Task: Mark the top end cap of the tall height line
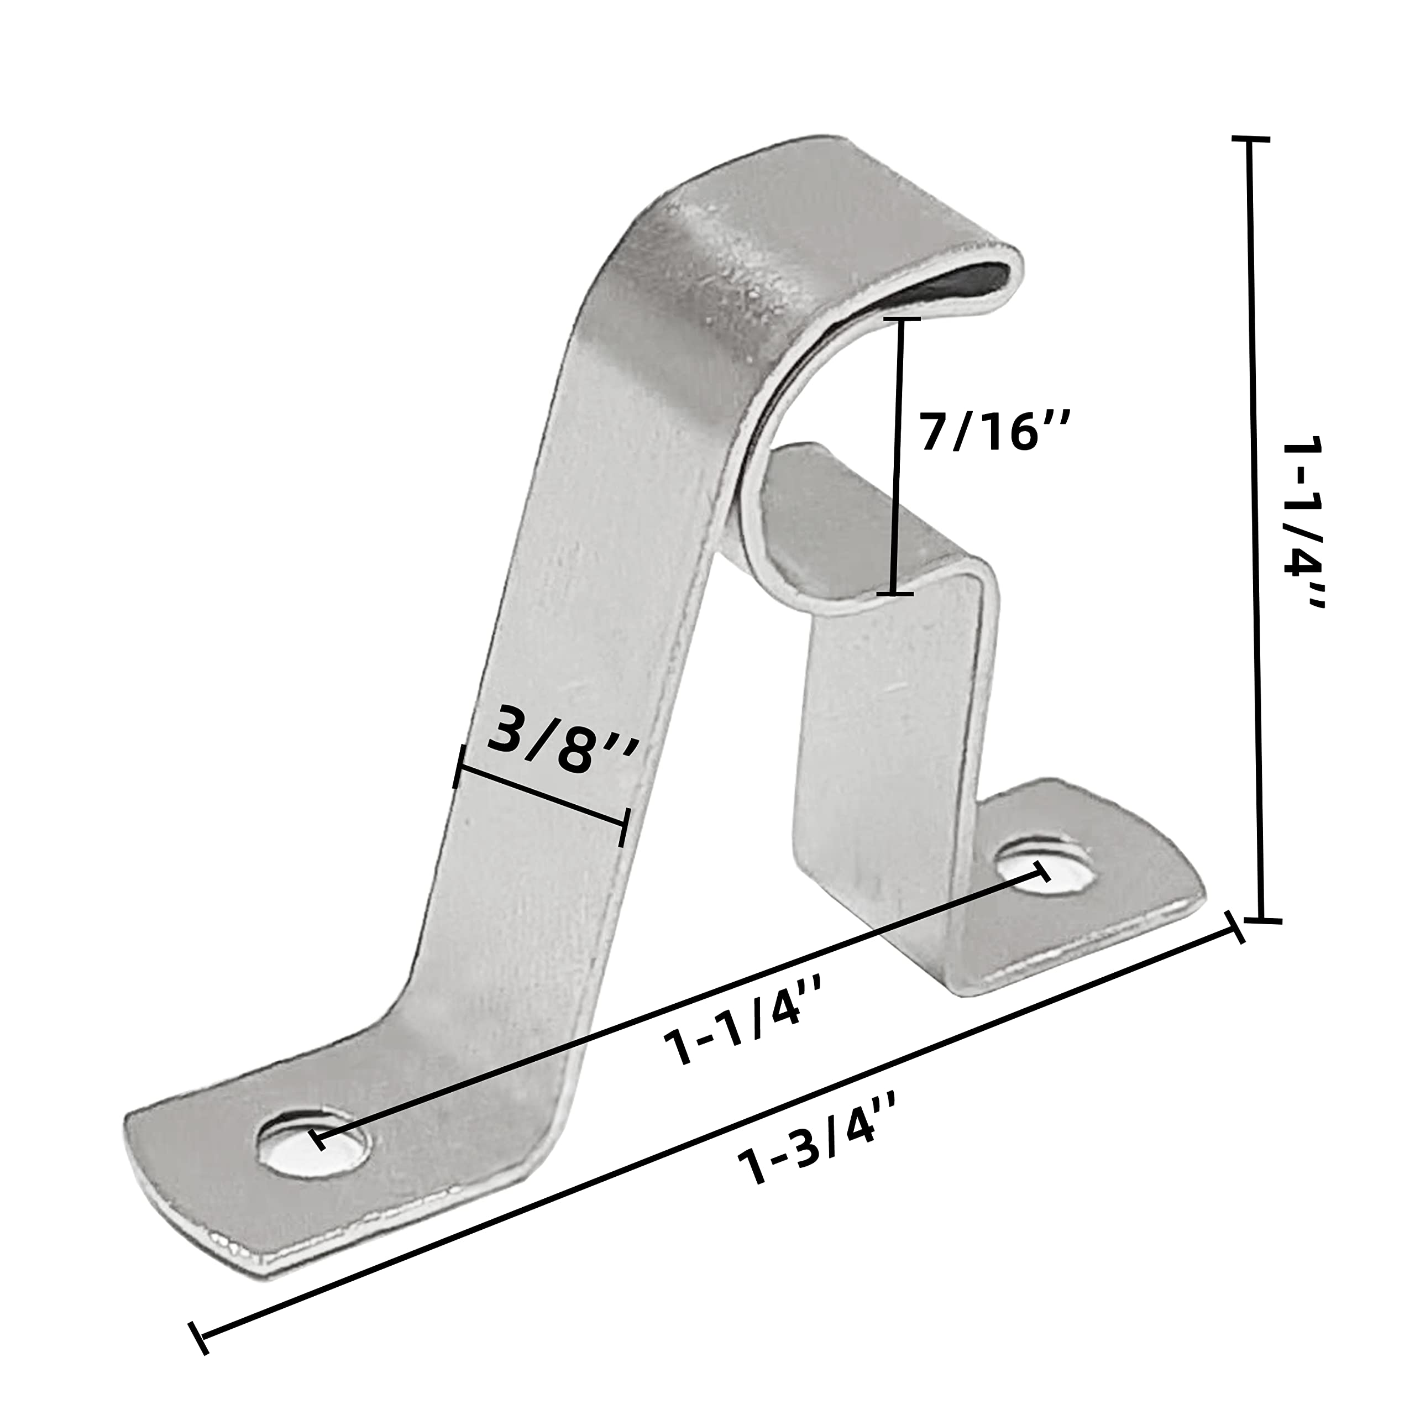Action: pos(1249,138)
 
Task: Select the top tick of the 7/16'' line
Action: pos(901,319)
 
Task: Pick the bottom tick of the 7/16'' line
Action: pos(894,593)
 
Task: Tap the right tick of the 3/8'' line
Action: pos(624,827)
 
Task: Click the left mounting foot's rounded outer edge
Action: pos(146,1165)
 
